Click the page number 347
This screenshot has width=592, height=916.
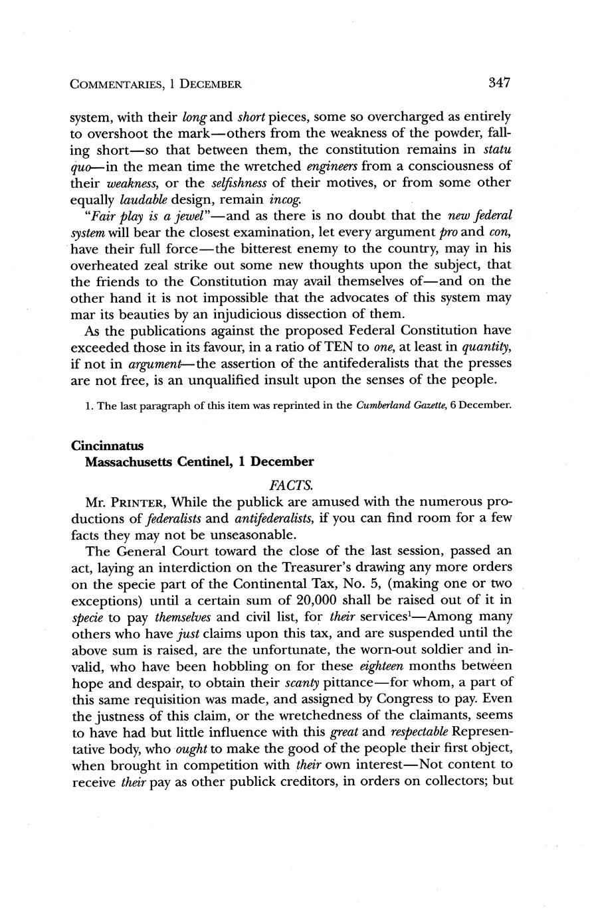[499, 83]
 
